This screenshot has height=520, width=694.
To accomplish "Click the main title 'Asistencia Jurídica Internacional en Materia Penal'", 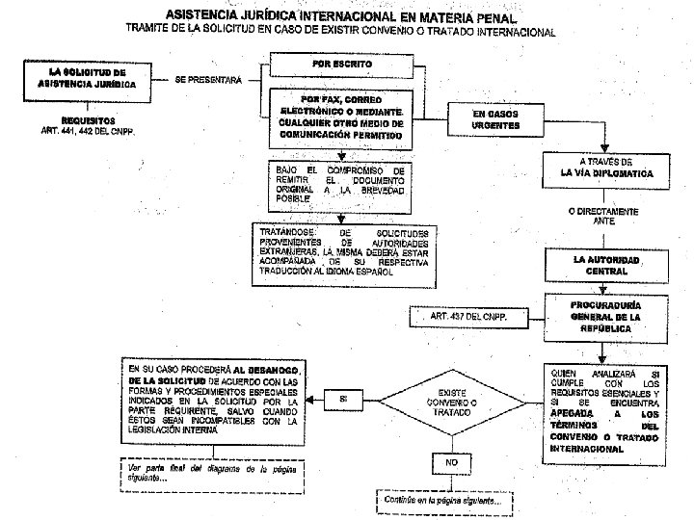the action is pos(341,16).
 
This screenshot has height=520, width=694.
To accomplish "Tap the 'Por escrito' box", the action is pos(334,65).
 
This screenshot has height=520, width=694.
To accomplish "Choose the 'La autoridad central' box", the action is pos(605,266).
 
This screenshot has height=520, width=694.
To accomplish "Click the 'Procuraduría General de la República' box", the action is pos(606,316).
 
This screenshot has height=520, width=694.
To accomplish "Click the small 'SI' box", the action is pos(344,399).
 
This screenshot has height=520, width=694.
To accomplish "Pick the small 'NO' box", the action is pos(451,463).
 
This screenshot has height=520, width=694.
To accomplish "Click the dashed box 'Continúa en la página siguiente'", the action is pos(444,500).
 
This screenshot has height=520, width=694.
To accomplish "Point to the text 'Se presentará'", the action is pos(209,81).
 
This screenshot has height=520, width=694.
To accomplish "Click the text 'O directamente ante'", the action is pos(605,216).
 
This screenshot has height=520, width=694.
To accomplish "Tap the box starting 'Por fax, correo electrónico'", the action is pos(335,119).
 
